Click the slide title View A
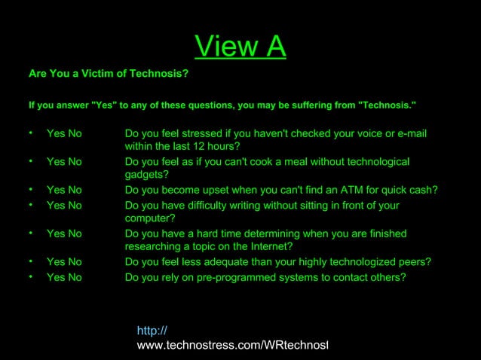coord(240,47)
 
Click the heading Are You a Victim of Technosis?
coord(103,75)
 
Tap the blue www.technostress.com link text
coord(232,344)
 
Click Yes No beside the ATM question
coord(64,190)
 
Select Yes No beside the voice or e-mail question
coord(64,133)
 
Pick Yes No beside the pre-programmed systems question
coord(64,276)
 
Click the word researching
coord(157,247)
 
